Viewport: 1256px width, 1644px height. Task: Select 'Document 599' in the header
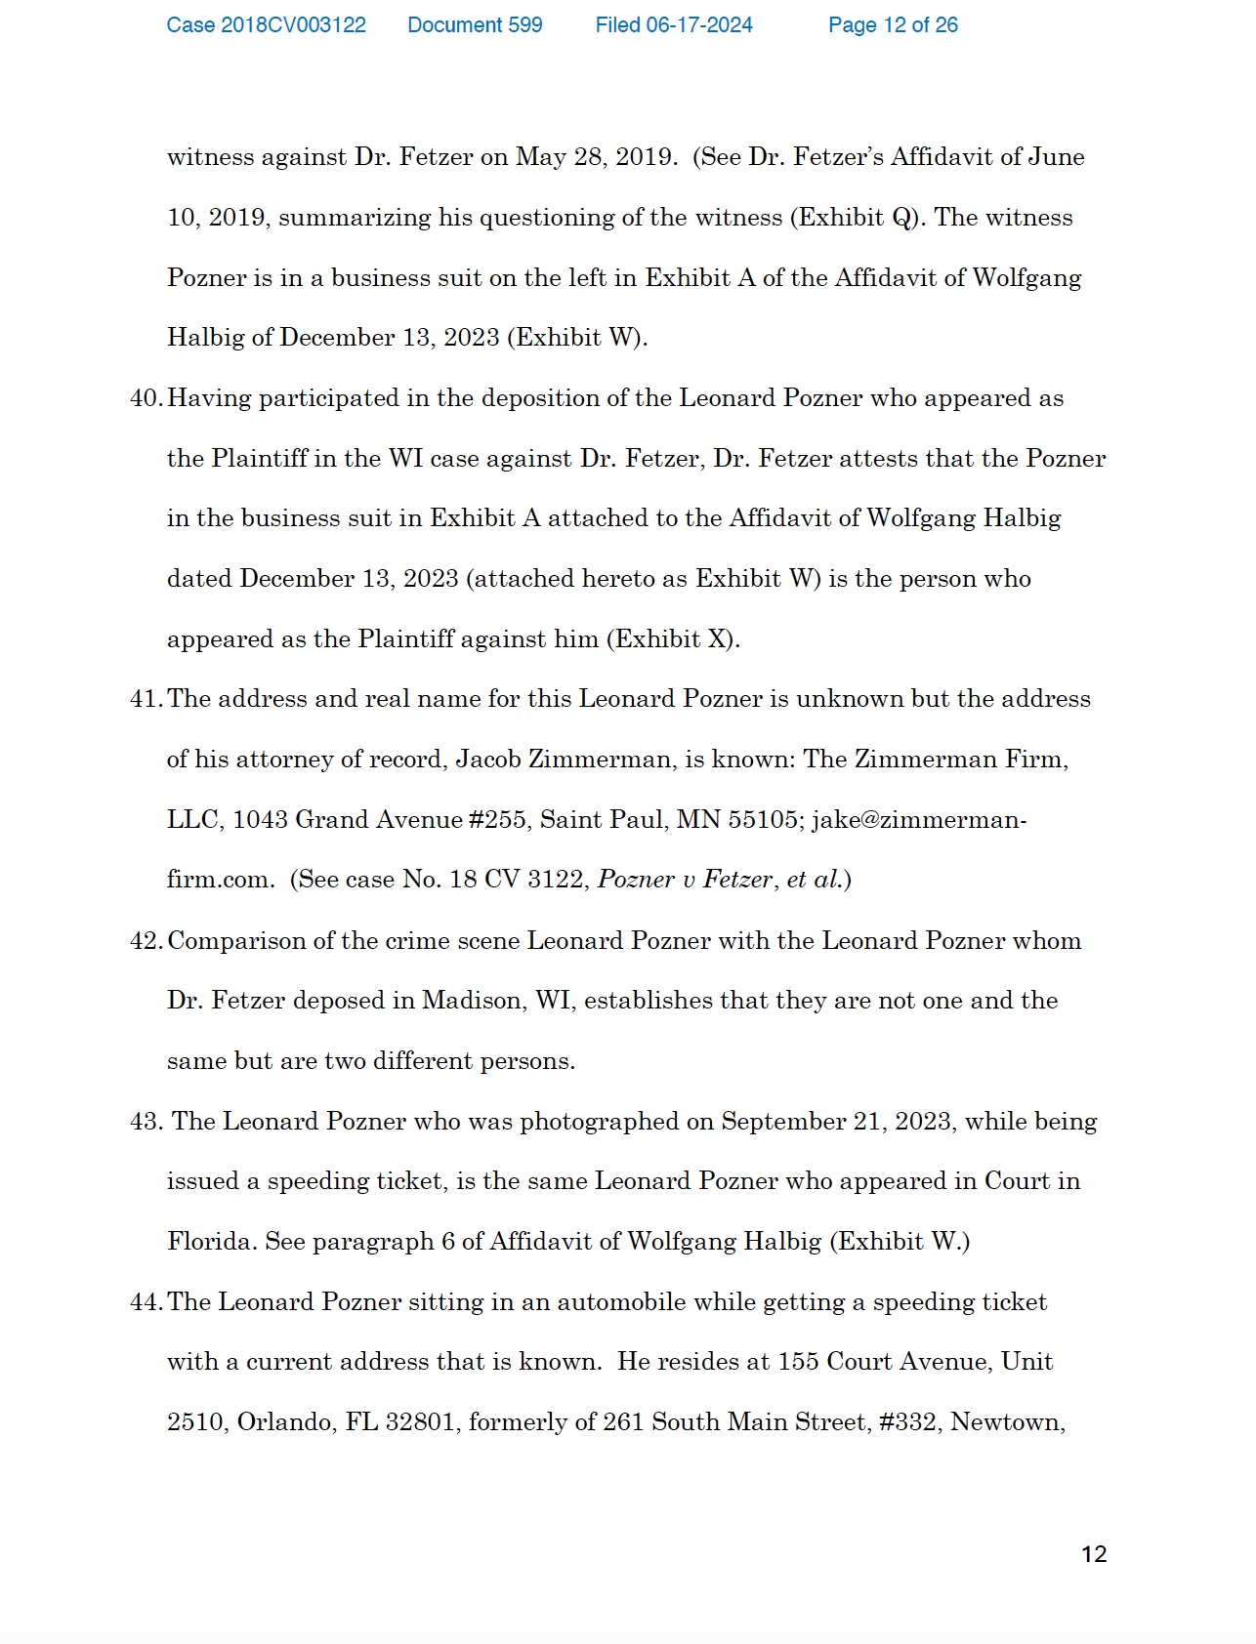(x=475, y=25)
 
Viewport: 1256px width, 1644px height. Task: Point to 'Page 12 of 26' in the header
(x=893, y=25)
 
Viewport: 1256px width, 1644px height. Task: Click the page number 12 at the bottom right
(x=1094, y=1554)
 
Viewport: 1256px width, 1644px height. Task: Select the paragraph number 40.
(x=146, y=398)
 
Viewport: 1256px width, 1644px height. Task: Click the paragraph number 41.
(x=146, y=699)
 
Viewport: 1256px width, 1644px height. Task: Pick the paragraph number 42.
(x=146, y=941)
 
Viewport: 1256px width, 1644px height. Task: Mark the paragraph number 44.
(x=146, y=1302)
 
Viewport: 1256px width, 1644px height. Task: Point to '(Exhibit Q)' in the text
(x=858, y=218)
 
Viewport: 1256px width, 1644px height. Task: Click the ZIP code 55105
(x=766, y=820)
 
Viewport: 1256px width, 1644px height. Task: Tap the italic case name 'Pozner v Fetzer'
(x=686, y=880)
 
